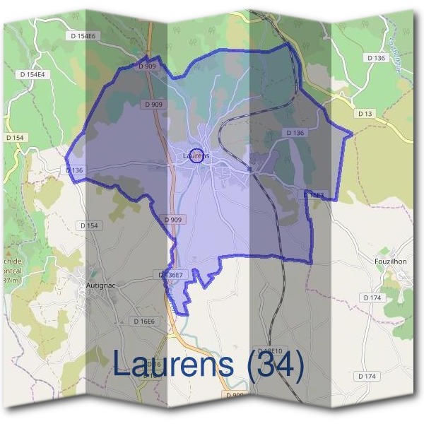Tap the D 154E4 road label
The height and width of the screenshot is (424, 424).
[x=33, y=74]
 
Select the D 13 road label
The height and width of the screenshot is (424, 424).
[x=365, y=113]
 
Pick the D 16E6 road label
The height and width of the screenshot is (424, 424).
[x=144, y=321]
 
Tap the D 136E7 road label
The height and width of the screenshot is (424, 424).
[x=170, y=274]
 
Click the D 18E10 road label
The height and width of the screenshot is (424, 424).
[x=270, y=351]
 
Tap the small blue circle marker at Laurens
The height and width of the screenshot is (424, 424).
[x=198, y=156]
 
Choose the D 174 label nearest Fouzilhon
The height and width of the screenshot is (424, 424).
[x=372, y=298]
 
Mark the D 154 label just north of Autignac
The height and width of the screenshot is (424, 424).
[x=90, y=225]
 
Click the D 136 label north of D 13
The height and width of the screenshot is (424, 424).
[x=377, y=58]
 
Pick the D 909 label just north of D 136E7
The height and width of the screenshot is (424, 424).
[x=173, y=220]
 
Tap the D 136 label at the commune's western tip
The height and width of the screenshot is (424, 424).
[x=74, y=170]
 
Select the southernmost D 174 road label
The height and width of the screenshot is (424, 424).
[x=367, y=376]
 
